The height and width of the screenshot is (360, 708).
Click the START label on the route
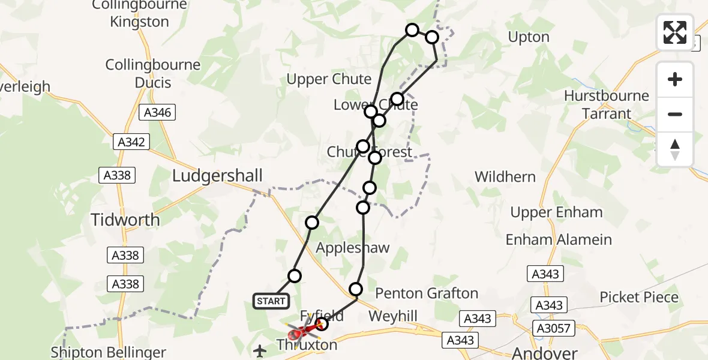271,301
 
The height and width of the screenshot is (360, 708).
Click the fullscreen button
675,32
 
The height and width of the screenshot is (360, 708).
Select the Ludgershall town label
217,176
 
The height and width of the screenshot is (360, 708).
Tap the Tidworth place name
125,220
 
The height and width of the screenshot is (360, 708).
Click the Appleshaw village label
353,248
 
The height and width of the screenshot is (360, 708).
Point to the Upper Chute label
329,79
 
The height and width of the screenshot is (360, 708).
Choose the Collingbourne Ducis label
139,73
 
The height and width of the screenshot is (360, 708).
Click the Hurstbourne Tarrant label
607,104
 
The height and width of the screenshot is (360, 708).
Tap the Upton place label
529,37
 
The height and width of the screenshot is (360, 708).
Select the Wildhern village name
505,177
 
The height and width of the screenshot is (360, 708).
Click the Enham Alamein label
559,239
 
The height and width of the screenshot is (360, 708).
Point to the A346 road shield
157,112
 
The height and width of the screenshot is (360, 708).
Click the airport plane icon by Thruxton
260,350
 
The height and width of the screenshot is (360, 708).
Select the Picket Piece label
639,297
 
